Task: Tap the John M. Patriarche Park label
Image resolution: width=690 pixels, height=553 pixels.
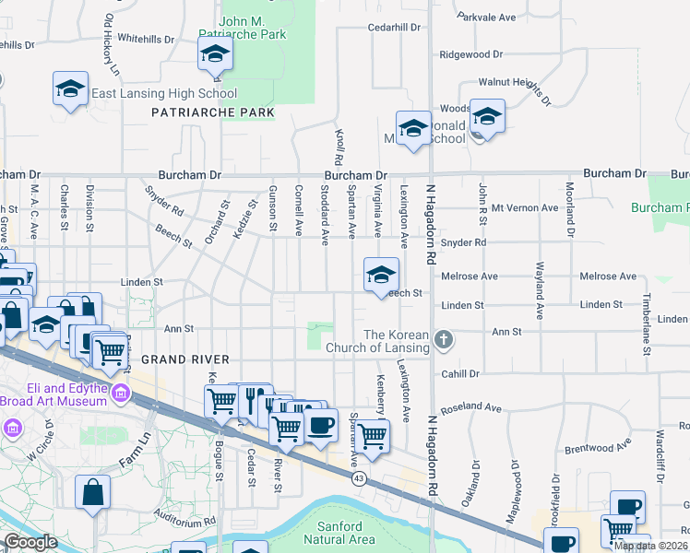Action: click(254, 27)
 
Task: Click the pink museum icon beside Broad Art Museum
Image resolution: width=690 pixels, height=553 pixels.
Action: click(120, 394)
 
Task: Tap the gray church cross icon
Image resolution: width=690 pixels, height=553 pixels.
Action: click(444, 340)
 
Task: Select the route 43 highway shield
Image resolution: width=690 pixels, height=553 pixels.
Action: click(360, 478)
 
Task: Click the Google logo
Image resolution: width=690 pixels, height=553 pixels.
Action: click(30, 542)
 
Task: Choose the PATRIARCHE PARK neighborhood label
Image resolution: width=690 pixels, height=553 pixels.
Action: click(213, 112)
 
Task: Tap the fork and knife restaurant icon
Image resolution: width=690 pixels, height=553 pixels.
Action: click(252, 399)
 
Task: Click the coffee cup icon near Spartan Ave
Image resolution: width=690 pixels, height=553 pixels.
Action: click(320, 426)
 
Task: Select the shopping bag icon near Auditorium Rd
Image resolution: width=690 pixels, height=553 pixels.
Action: click(94, 491)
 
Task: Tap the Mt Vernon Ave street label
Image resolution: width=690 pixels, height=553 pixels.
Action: click(525, 208)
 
